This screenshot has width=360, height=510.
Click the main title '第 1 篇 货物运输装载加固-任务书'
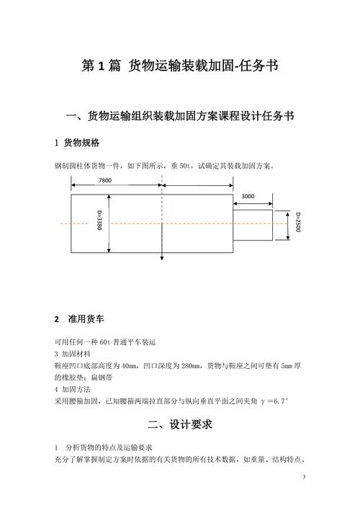tap(179, 66)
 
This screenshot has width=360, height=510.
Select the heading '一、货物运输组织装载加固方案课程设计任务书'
tap(179, 116)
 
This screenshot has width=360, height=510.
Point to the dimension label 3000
tap(248, 196)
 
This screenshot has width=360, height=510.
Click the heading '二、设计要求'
tap(179, 424)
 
